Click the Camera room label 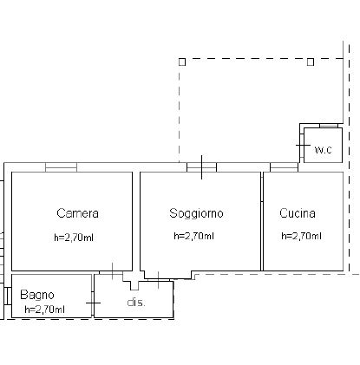pos(77,213)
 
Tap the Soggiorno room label pos(196,213)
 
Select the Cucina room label pos(298,213)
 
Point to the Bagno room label pos(37,295)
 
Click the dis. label pos(136,303)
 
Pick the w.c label pos(324,150)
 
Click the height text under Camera pos(74,238)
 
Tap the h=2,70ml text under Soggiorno pos(193,236)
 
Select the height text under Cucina pos(301,236)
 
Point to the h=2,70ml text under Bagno pos(44,310)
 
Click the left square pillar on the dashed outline pos(182,62)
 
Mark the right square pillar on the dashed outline pos(311,62)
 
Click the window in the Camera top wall pos(61,167)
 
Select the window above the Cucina pos(284,167)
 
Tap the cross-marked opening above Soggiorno pos(201,167)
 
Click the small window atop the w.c pos(329,126)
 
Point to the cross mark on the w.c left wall pos(303,145)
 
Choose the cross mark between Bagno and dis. pos(93,303)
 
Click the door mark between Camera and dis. pos(113,271)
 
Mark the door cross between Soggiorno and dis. pos(158,280)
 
